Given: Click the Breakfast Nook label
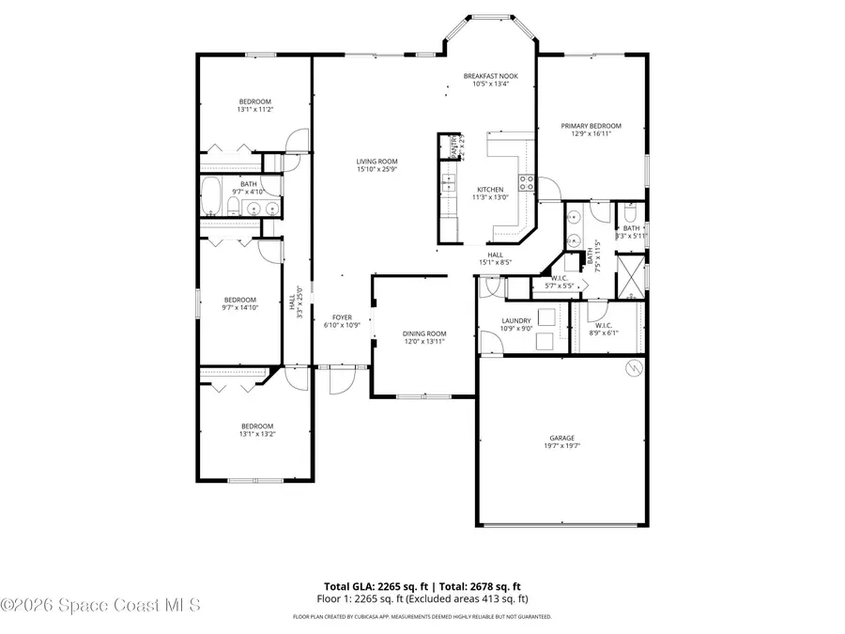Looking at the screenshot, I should [490, 76].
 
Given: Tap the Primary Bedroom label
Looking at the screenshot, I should [591, 126].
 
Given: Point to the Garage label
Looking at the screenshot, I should [562, 438].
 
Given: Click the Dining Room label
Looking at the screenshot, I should [424, 333].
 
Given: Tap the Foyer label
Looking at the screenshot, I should [342, 317].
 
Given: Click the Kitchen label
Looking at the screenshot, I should [490, 189].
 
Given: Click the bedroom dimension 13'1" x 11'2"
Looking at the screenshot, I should [254, 110].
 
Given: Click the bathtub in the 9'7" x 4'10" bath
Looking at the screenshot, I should [212, 197].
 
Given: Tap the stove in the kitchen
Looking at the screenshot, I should [528, 182].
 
